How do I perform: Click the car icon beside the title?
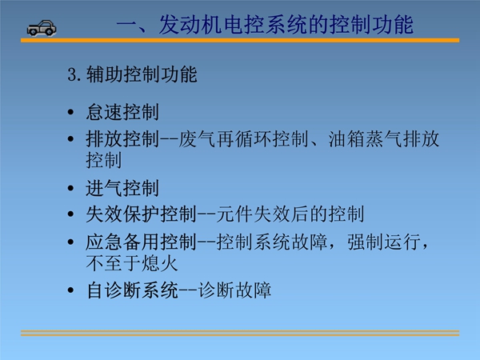tap(42, 28)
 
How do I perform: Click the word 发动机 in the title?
tap(190, 25)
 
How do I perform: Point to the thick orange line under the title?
tap(240, 41)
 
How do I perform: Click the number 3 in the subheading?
tap(72, 74)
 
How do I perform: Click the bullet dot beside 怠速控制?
tap(70, 112)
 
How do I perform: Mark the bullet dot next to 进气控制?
tap(70, 188)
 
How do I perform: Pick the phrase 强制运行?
tap(384, 242)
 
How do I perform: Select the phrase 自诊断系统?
tap(132, 290)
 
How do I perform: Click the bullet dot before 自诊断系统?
tap(70, 290)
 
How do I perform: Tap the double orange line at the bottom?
tap(240, 333)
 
